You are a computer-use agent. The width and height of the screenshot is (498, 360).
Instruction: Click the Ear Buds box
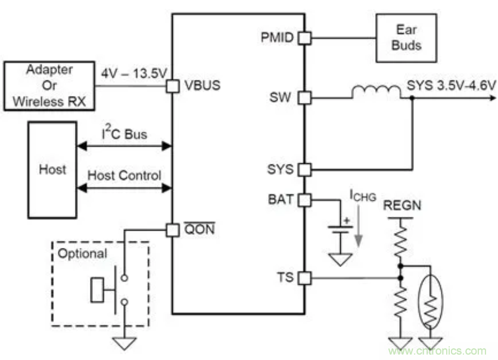click(x=405, y=38)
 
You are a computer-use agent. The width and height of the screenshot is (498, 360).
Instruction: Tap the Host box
click(x=52, y=170)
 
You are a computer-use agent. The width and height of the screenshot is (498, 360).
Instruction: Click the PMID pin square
click(x=304, y=38)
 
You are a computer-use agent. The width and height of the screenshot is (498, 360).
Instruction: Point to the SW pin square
click(x=304, y=97)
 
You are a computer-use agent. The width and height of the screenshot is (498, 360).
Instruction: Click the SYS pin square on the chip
click(x=304, y=169)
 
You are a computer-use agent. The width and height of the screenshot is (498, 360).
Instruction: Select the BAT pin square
click(x=304, y=200)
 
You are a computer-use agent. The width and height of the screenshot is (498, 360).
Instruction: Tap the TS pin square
click(x=304, y=278)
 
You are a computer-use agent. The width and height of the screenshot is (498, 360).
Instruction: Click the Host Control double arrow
click(x=125, y=188)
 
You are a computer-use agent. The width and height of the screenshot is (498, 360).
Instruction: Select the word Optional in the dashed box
click(x=82, y=253)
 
